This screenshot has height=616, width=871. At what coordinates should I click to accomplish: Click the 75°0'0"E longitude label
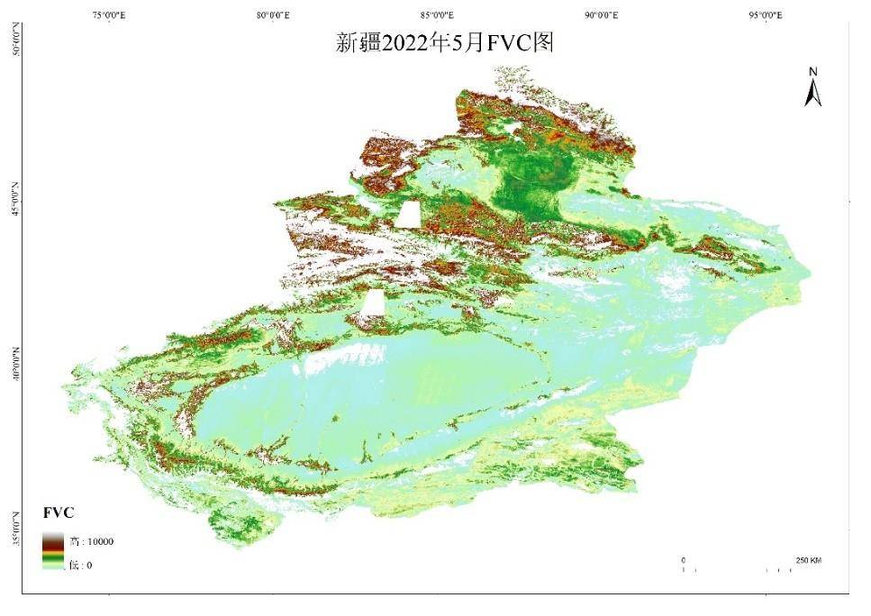tap(109, 15)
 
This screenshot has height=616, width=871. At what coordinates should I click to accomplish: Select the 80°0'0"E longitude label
tap(273, 15)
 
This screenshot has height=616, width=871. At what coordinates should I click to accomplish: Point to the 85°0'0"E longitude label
tap(437, 15)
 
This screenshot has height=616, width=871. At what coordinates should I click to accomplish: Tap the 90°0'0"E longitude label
tap(601, 15)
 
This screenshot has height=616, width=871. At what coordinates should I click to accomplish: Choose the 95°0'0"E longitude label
tap(765, 15)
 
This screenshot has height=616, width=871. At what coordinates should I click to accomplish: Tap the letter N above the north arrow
tap(812, 72)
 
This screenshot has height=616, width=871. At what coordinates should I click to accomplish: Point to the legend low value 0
tap(88, 566)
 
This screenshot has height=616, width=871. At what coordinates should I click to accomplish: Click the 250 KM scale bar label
tap(808, 560)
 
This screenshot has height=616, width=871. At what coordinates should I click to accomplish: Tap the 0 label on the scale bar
tap(683, 560)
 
